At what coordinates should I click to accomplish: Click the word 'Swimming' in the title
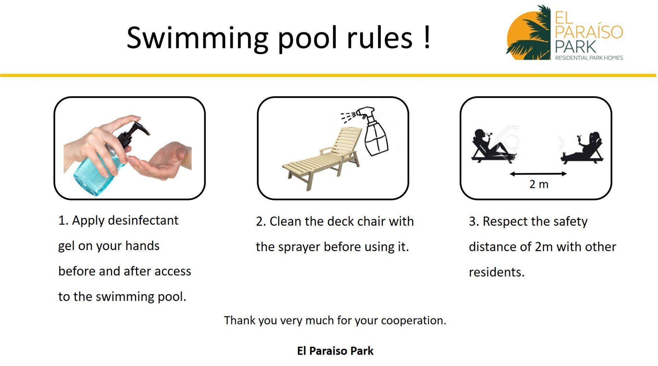197,38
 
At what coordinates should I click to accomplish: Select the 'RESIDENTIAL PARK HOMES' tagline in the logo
589,58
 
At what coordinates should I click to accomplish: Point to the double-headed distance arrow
538,174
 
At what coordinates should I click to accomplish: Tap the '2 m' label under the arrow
539,184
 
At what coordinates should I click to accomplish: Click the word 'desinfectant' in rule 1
143,220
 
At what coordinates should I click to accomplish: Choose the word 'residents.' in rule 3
497,272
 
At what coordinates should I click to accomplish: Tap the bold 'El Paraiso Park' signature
335,351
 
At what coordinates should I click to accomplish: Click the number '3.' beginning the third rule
474,222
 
